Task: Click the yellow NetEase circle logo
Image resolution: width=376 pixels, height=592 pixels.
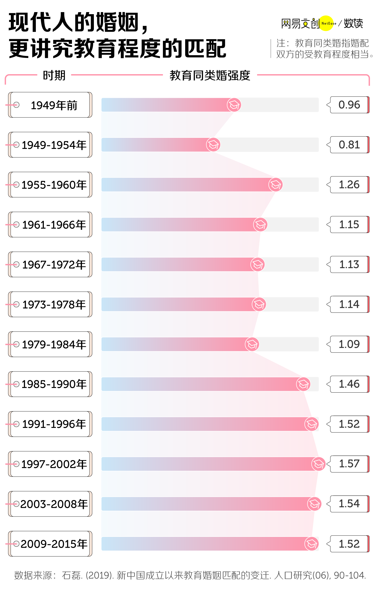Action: (x=326, y=23)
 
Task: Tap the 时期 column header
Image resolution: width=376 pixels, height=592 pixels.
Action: (x=54, y=75)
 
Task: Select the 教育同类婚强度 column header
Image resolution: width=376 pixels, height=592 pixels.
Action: (x=210, y=75)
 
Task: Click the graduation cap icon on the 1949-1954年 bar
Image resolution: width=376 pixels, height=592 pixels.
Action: (x=213, y=145)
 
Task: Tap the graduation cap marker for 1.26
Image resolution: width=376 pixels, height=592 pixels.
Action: (x=275, y=185)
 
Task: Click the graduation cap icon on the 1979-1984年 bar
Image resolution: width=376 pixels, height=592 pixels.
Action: (x=252, y=344)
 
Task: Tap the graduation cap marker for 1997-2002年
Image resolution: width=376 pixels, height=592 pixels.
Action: (x=318, y=464)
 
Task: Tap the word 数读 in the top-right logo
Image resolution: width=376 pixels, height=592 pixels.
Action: (x=353, y=23)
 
